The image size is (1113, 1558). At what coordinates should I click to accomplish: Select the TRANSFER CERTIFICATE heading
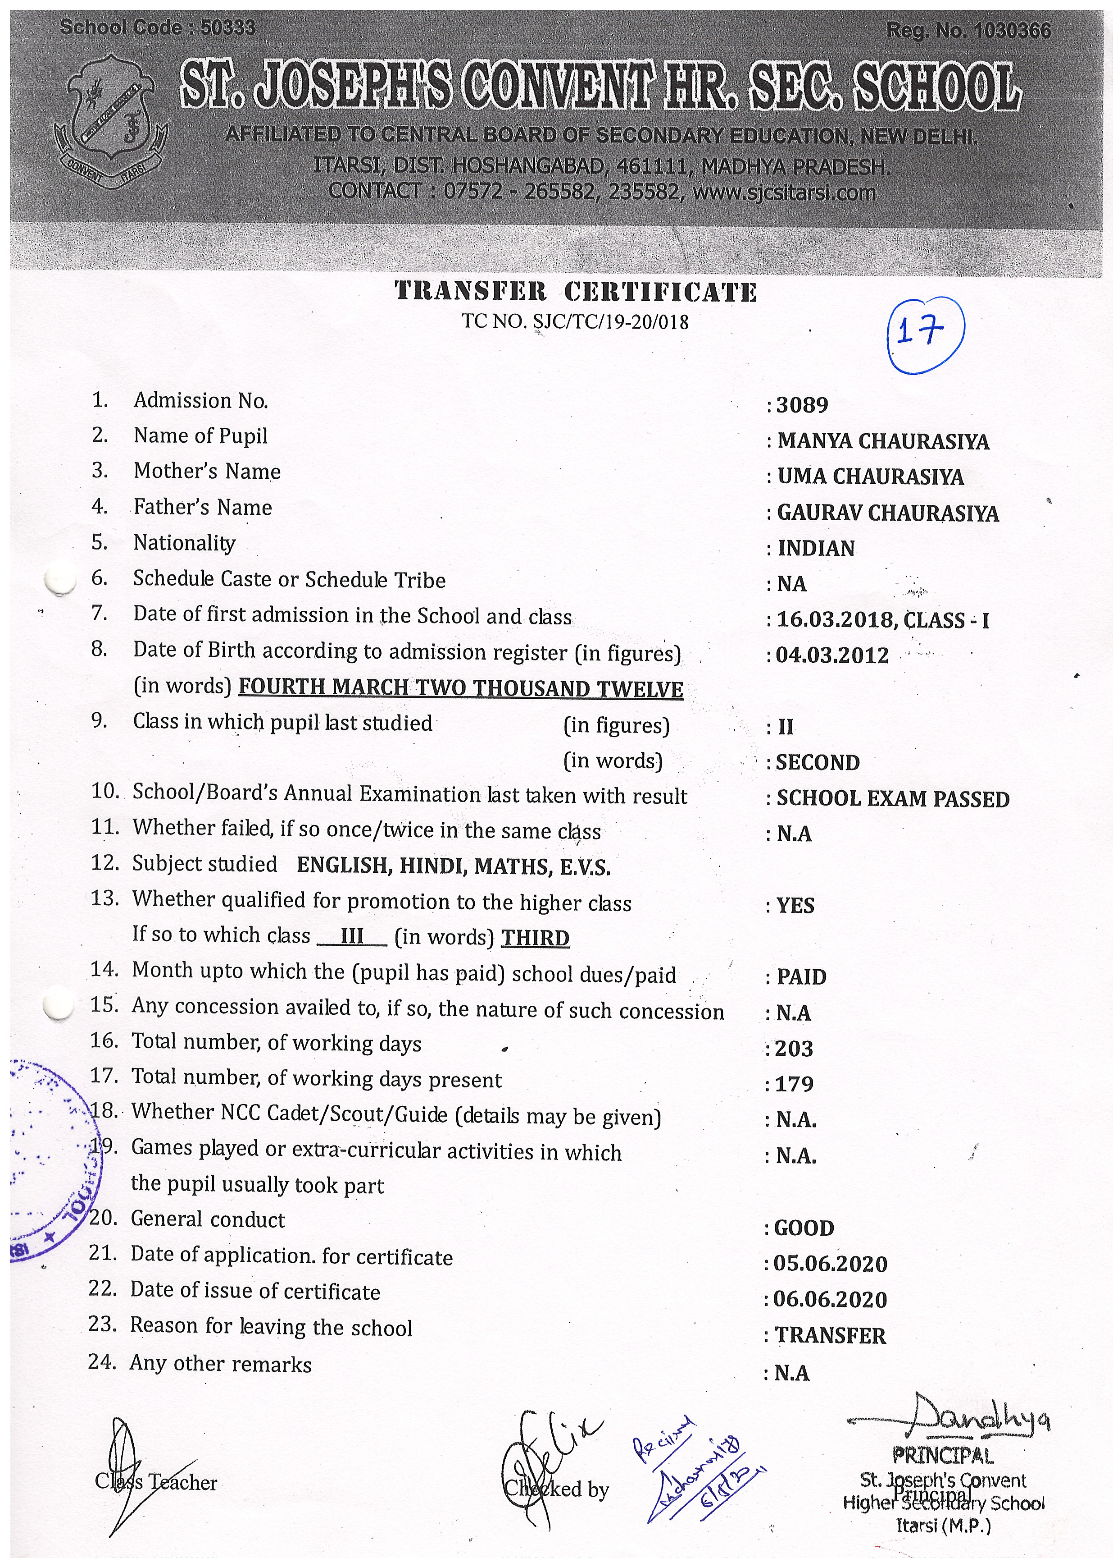[x=575, y=292]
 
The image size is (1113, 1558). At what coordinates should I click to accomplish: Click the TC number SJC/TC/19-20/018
[x=575, y=321]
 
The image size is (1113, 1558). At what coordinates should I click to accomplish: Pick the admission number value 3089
[x=802, y=405]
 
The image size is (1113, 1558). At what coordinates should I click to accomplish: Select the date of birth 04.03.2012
[x=832, y=655]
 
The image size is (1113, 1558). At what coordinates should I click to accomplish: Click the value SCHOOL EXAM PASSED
[x=892, y=799]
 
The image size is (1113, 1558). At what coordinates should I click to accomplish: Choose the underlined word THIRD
[x=535, y=938]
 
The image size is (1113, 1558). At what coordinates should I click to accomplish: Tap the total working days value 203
[x=794, y=1049]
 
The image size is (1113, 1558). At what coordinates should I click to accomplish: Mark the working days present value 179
[x=794, y=1084]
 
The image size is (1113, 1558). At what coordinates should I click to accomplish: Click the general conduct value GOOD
[x=804, y=1228]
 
